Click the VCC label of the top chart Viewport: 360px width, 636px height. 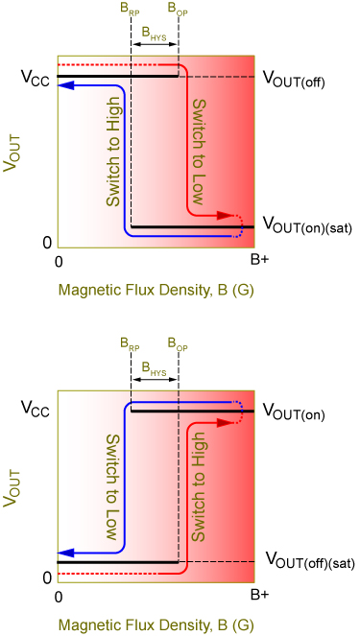(x=33, y=75)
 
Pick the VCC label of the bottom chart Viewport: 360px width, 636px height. (x=33, y=409)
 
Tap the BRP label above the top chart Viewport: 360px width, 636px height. (x=130, y=9)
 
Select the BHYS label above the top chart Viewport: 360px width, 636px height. (x=154, y=32)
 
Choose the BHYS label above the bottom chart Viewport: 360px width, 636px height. (x=154, y=366)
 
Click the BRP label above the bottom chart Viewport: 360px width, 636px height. (x=130, y=342)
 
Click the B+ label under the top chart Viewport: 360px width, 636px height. (x=259, y=260)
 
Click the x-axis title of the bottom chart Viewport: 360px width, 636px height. (x=155, y=624)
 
